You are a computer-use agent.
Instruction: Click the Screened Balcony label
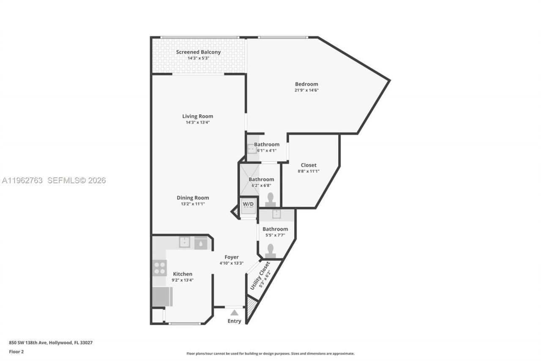(x=198, y=52)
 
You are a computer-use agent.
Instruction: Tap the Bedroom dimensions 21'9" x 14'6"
(x=306, y=90)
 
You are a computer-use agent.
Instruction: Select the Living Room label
(x=197, y=116)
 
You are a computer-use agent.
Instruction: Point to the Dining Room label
(x=192, y=198)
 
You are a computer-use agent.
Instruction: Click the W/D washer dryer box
(x=248, y=205)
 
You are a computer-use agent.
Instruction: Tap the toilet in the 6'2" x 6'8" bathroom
(x=270, y=197)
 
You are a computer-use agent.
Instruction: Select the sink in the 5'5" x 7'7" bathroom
(x=276, y=214)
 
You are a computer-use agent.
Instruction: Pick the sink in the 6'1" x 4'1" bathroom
(x=251, y=149)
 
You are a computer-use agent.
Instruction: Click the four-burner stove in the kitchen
(x=160, y=267)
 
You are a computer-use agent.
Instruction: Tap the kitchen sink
(x=184, y=243)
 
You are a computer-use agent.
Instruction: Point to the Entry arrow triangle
(x=234, y=313)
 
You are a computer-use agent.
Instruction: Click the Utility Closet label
(x=260, y=276)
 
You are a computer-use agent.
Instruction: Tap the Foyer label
(x=232, y=257)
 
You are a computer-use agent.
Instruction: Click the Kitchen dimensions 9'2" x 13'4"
(x=183, y=280)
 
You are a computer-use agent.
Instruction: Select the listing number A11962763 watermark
(x=22, y=181)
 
